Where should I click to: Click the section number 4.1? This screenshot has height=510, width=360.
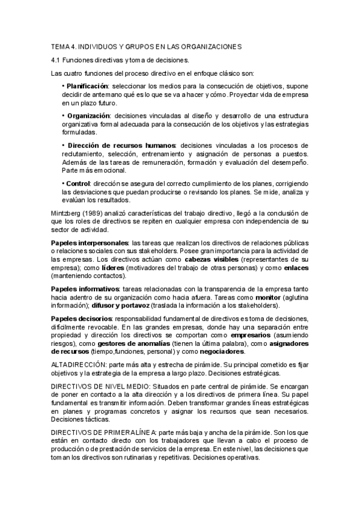click(x=56, y=60)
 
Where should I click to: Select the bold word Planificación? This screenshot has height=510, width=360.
click(x=87, y=87)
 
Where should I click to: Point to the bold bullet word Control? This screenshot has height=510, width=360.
click(x=78, y=183)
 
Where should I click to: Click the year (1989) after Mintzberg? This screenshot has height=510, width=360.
click(x=91, y=213)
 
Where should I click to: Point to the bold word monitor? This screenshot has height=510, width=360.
click(x=267, y=297)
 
